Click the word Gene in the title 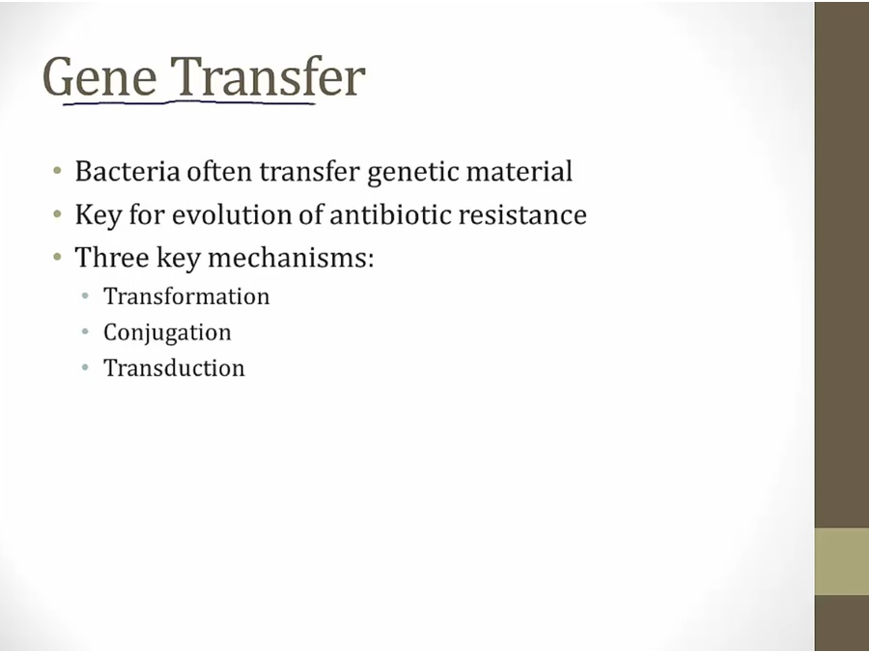click(x=99, y=77)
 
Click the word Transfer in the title click(x=267, y=76)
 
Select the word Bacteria click(x=127, y=171)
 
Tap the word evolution click(x=232, y=214)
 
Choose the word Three click(x=112, y=258)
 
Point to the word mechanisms click(x=291, y=258)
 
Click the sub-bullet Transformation click(x=186, y=297)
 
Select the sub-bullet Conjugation click(x=167, y=332)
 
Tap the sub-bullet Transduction click(x=174, y=368)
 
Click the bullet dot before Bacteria click(x=58, y=170)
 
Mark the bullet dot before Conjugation click(x=85, y=332)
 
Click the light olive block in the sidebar click(x=841, y=561)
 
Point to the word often click(x=219, y=171)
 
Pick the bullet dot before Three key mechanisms click(x=58, y=257)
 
